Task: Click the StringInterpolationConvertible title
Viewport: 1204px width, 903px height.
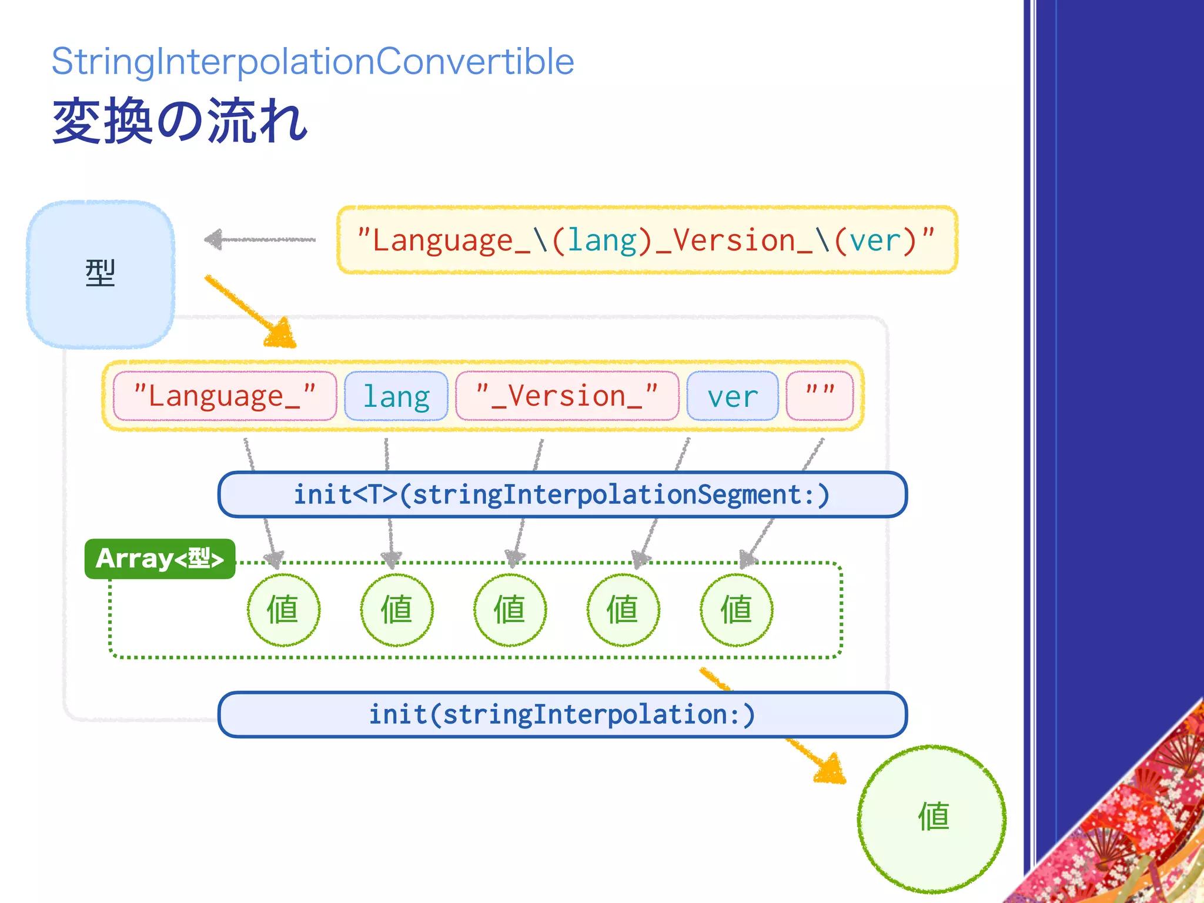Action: [313, 62]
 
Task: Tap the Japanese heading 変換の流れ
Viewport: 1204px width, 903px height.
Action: [179, 122]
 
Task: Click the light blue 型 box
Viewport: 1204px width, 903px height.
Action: [101, 274]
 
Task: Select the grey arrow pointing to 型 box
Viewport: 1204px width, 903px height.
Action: [259, 239]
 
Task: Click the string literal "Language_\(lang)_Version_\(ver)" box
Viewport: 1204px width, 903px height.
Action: [647, 240]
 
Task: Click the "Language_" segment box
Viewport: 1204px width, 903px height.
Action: [225, 396]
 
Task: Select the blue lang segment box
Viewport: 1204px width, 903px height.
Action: [396, 396]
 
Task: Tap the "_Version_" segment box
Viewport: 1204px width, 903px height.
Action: [567, 396]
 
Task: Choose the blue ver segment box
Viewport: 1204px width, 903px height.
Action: [733, 396]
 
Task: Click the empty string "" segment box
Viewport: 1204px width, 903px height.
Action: [820, 396]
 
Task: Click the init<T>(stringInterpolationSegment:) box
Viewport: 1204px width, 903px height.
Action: [562, 494]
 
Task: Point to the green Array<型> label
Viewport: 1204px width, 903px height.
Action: [159, 558]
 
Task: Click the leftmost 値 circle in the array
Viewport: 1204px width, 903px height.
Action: [283, 610]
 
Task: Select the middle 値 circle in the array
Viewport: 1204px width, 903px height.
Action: [510, 610]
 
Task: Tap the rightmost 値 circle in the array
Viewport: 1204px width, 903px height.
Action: [736, 610]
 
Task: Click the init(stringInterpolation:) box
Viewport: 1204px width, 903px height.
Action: [562, 714]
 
